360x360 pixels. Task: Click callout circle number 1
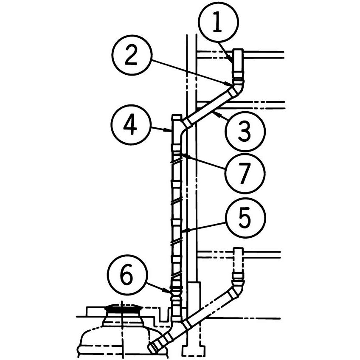click(x=218, y=22)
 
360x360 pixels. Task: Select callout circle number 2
click(x=132, y=55)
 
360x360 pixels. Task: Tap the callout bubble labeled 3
click(x=245, y=131)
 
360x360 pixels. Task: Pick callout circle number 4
click(x=131, y=125)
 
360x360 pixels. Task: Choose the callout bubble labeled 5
click(x=245, y=218)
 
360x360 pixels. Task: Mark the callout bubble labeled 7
click(x=245, y=173)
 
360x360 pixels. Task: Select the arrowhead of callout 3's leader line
click(x=215, y=113)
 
